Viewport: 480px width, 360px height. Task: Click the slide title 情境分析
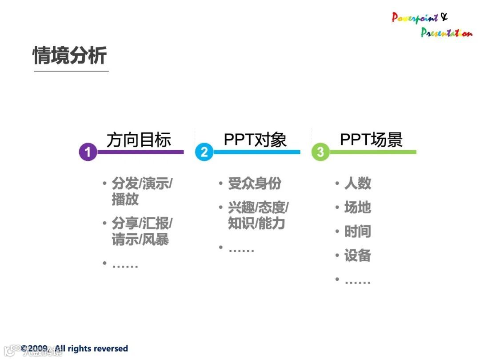point(70,56)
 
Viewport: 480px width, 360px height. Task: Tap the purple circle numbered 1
point(88,152)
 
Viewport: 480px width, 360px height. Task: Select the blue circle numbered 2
point(204,152)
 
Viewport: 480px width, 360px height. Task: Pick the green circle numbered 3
point(320,152)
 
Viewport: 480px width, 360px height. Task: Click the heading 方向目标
point(139,140)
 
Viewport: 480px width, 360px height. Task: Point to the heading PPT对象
point(255,140)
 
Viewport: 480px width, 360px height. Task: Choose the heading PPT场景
point(371,140)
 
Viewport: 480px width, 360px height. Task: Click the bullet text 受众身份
point(255,184)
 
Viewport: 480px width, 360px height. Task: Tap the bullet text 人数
point(358,184)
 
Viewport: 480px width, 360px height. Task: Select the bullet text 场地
point(358,208)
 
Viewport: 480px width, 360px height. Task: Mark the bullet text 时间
point(358,232)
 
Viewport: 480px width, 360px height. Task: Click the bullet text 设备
point(358,256)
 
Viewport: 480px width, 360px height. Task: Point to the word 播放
point(125,200)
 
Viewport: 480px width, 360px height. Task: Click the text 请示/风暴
point(140,240)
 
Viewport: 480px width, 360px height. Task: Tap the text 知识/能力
point(256,224)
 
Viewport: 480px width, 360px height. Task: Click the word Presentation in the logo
point(446,32)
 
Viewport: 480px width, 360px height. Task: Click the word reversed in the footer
point(112,348)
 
